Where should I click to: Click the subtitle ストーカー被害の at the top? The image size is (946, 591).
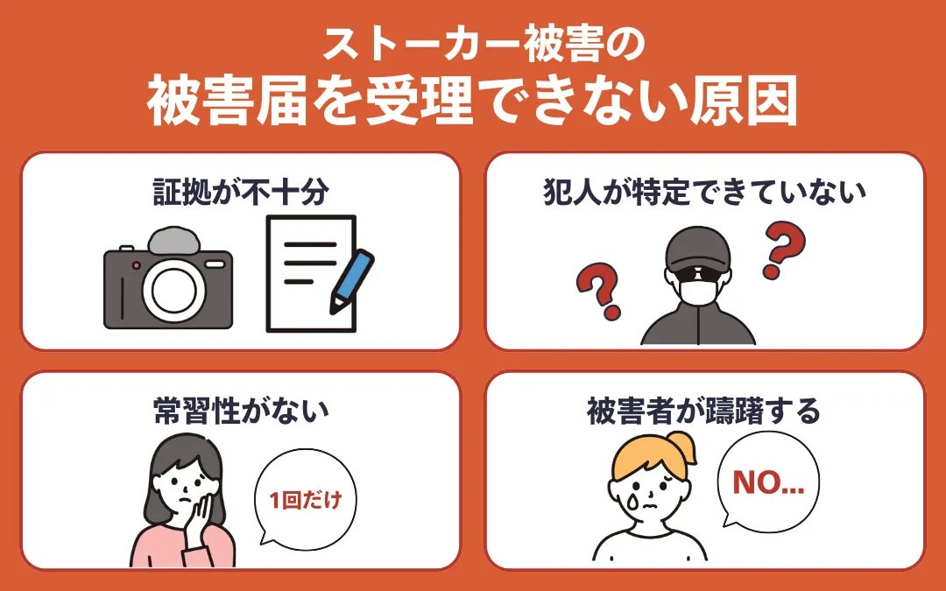[x=473, y=45]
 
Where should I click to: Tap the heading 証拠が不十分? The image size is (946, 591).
[x=240, y=192]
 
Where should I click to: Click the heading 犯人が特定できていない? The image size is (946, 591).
[x=704, y=192]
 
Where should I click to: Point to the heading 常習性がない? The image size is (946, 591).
[x=240, y=411]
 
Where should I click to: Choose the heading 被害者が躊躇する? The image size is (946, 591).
[x=704, y=411]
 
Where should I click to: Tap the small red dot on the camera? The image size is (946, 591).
[x=136, y=264]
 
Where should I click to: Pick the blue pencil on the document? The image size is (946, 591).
[x=351, y=280]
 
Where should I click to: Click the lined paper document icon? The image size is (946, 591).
[x=307, y=273]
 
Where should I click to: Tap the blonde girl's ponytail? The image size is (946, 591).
[x=683, y=447]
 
